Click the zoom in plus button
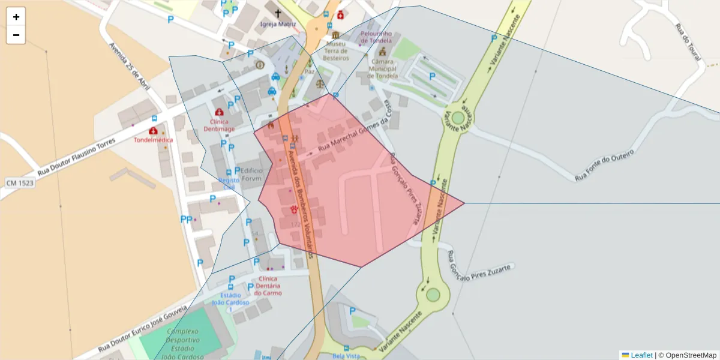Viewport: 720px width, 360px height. tap(16, 17)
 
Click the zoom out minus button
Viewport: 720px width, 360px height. tap(16, 35)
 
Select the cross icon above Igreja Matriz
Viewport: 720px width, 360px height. tap(277, 13)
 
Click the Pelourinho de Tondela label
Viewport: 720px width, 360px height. tap(376, 37)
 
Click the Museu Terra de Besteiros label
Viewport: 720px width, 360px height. tap(337, 51)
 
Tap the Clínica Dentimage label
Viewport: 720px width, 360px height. tap(219, 125)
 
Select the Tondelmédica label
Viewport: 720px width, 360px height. tap(153, 140)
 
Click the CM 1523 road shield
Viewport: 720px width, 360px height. tap(20, 182)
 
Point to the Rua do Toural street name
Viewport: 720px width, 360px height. tap(688, 42)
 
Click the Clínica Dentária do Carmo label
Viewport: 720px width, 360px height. tap(268, 286)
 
